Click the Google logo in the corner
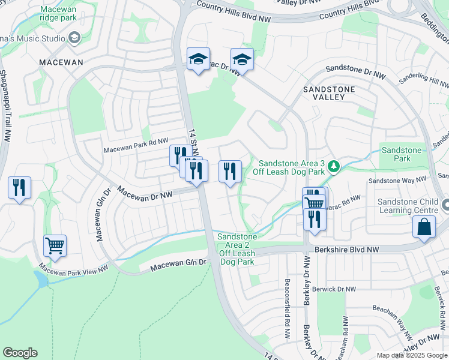(x=20, y=353)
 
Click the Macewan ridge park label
(x=59, y=14)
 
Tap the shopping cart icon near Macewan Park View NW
(x=55, y=245)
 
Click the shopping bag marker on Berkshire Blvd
(x=424, y=227)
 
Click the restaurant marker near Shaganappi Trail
(x=19, y=187)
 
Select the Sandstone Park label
(x=402, y=154)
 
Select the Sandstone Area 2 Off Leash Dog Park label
(x=238, y=249)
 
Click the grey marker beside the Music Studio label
(x=74, y=39)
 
